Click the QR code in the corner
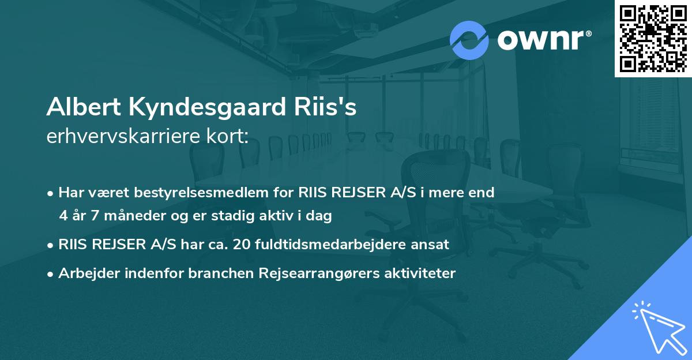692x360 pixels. point(653,38)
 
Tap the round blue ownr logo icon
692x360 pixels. point(469,40)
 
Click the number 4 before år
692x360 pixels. point(63,216)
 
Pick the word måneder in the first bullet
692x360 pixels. point(126,216)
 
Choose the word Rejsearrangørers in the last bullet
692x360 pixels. point(317,273)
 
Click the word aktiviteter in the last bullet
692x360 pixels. point(423,273)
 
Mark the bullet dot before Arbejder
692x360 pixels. point(51,273)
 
